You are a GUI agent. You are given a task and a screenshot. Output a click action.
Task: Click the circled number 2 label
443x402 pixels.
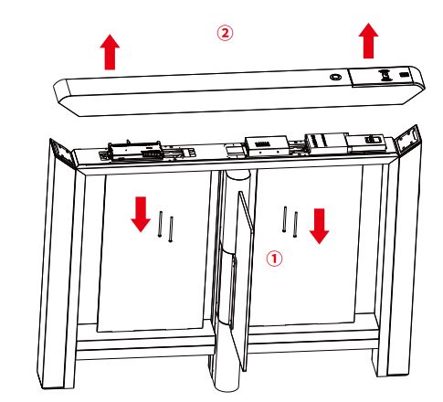click(x=225, y=32)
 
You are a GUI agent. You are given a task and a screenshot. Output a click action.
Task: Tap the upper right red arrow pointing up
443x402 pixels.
click(x=368, y=41)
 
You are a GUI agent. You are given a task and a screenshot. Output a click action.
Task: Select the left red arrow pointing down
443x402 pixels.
click(x=139, y=212)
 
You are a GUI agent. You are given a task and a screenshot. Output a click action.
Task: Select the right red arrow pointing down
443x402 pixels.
click(x=318, y=226)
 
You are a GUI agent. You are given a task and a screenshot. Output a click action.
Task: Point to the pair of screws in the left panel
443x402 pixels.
click(x=165, y=225)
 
